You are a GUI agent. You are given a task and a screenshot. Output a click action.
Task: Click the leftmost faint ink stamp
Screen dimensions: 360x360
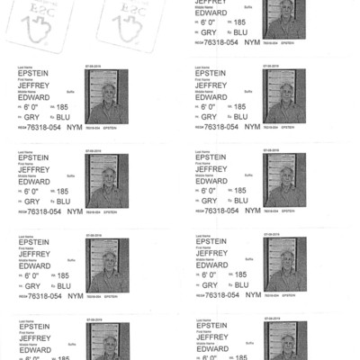pyautogui.click(x=25, y=23)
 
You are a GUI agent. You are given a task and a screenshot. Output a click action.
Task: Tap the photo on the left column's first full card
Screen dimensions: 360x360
pyautogui.click(x=106, y=96)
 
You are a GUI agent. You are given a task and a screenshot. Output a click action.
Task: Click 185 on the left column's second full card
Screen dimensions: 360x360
pyautogui.click(x=62, y=191)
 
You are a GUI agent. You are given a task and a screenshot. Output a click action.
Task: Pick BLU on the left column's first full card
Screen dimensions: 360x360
pyautogui.click(x=62, y=117)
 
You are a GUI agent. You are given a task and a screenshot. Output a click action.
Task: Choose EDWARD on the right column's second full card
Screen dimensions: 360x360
pyautogui.click(x=211, y=180)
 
